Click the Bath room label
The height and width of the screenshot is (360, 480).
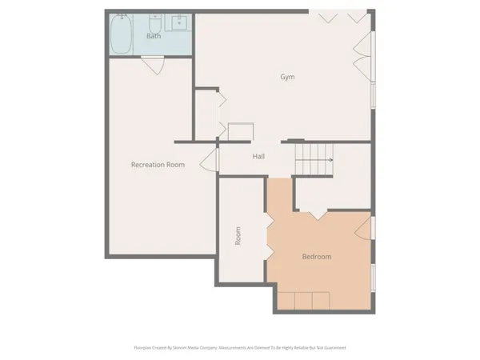click(x=154, y=36)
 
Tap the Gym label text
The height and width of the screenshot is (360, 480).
click(x=287, y=77)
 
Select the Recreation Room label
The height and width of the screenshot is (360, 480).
click(x=158, y=164)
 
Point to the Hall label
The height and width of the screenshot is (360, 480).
click(x=258, y=157)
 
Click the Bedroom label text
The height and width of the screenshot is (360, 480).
click(x=317, y=257)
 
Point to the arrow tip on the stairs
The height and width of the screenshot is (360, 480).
click(x=332, y=159)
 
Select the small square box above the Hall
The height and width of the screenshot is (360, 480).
click(x=240, y=132)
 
